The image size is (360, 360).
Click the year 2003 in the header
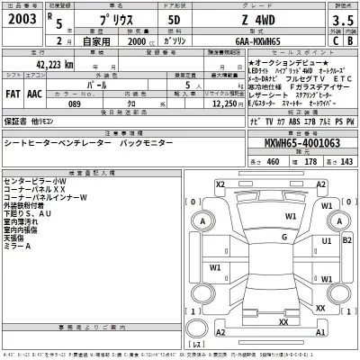click(24, 18)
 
